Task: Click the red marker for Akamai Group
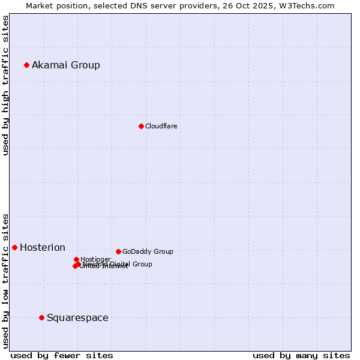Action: tap(26, 65)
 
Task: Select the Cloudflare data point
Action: tap(141, 126)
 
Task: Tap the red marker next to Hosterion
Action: tap(14, 247)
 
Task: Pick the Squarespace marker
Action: tap(41, 317)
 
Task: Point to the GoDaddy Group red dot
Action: tap(118, 251)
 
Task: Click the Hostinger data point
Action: tap(76, 259)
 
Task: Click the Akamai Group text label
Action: tap(66, 65)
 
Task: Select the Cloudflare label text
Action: tap(161, 126)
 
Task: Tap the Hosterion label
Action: tap(43, 247)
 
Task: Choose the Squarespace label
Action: tap(77, 317)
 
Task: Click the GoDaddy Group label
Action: tap(148, 251)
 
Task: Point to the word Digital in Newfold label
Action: tap(119, 264)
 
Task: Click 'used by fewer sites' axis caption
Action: tap(62, 355)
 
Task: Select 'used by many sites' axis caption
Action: tap(301, 355)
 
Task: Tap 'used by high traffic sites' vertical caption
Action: tap(5, 85)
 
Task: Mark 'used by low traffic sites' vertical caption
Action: tap(5, 280)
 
